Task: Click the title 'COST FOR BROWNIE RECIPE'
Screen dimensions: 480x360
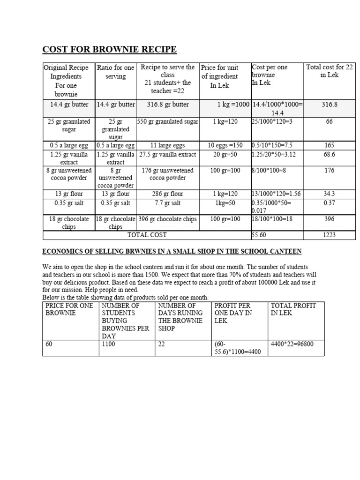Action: tap(109, 49)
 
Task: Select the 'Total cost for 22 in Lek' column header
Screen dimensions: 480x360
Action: tap(329, 71)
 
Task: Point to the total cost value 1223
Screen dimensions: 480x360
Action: tap(329, 235)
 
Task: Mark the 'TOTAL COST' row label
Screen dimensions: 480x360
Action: tap(147, 235)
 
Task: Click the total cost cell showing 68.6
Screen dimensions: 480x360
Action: tap(329, 154)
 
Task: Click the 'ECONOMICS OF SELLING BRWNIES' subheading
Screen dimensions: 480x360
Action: tap(172, 252)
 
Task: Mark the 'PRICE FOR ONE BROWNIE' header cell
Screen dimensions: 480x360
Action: tap(69, 309)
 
